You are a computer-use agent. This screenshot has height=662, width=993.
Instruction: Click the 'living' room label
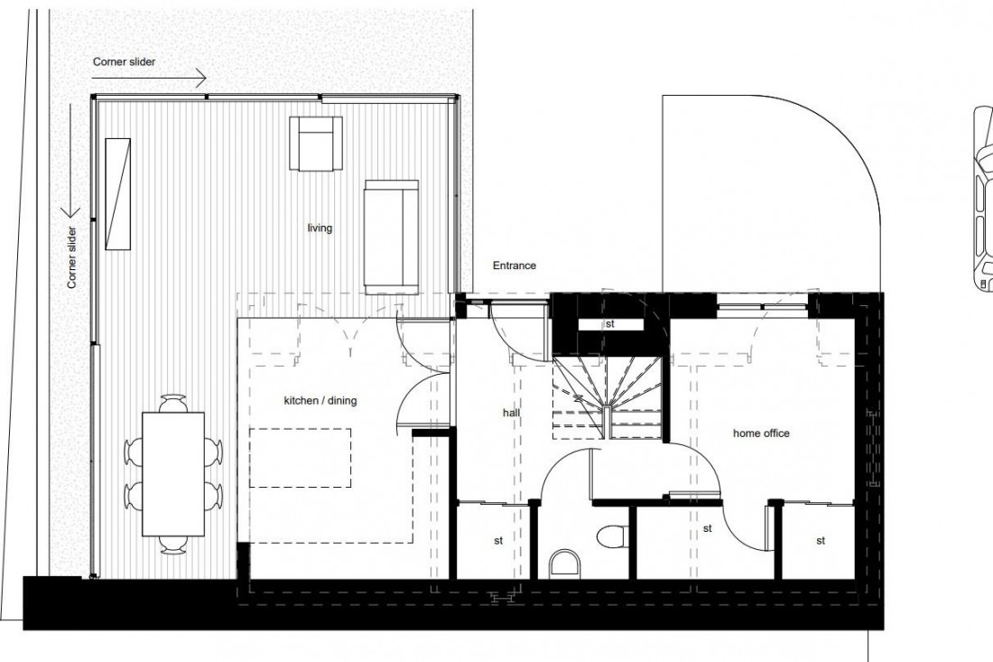[320, 228]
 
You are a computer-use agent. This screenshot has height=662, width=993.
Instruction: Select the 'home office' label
[761, 434]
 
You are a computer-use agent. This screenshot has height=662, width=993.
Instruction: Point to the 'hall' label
[512, 412]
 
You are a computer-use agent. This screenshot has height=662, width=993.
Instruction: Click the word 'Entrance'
[514, 266]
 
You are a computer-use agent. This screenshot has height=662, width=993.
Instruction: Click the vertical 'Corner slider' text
[71, 257]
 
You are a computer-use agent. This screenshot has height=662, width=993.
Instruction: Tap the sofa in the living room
[392, 235]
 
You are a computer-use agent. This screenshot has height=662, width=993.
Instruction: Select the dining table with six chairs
[173, 472]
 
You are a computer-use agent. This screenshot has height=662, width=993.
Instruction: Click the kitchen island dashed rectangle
[301, 457]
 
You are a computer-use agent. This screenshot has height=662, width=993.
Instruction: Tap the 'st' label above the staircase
[610, 322]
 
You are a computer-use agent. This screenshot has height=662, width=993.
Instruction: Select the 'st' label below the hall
[497, 541]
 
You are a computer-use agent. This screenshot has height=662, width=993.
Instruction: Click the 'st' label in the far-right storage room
[821, 541]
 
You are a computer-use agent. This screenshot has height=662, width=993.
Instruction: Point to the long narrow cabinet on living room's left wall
[118, 193]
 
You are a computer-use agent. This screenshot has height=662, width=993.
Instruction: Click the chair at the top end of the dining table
[172, 400]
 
